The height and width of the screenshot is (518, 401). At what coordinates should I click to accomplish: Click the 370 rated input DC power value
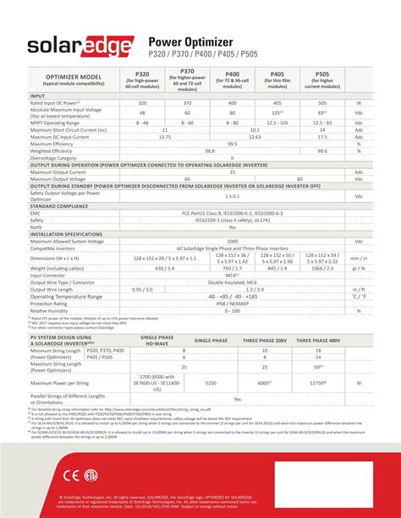187,103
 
